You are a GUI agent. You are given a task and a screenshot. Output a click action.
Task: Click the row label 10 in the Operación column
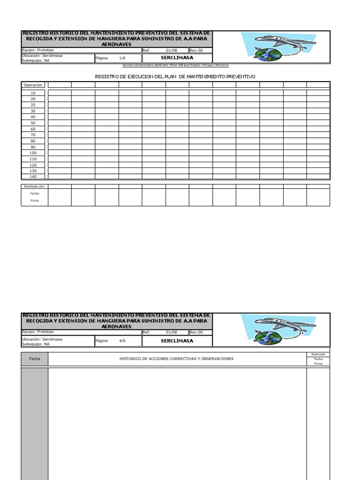(x=33, y=93)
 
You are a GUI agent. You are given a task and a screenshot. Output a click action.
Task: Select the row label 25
(x=33, y=105)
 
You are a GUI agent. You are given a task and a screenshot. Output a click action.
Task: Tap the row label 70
(x=33, y=135)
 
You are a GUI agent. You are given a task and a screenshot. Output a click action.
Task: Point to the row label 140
(x=33, y=177)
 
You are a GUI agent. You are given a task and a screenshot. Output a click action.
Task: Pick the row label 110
(x=33, y=159)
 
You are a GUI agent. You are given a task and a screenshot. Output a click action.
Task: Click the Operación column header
(x=33, y=85)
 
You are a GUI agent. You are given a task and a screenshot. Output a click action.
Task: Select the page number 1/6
(x=122, y=58)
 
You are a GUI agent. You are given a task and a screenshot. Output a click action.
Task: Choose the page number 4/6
(x=122, y=341)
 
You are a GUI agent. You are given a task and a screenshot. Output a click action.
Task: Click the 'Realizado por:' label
(x=34, y=186)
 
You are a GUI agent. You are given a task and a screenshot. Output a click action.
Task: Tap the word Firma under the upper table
(x=35, y=201)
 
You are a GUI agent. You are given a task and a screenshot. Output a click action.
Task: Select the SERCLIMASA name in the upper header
(x=177, y=58)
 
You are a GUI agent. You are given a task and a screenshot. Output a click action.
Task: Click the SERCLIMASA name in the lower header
(x=177, y=341)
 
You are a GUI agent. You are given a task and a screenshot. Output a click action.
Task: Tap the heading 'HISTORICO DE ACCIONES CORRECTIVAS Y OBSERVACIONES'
(x=176, y=359)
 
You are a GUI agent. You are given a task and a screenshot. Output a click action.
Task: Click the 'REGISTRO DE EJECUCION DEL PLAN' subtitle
(x=175, y=76)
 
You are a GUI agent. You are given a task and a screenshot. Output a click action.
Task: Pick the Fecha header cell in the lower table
(x=35, y=359)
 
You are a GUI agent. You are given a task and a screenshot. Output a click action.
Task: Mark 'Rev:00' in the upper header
(x=196, y=50)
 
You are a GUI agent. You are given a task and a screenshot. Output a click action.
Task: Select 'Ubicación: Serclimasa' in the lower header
(x=42, y=338)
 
